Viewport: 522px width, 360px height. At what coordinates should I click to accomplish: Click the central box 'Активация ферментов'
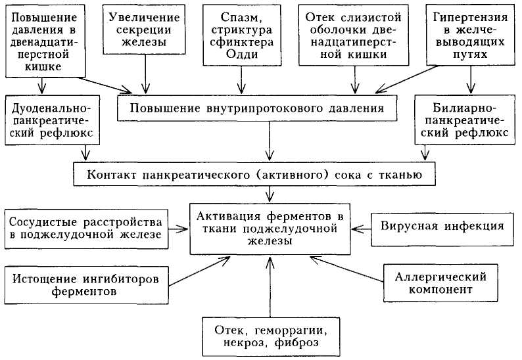(269, 228)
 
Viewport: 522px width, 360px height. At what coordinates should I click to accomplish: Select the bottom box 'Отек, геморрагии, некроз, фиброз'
(270, 335)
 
